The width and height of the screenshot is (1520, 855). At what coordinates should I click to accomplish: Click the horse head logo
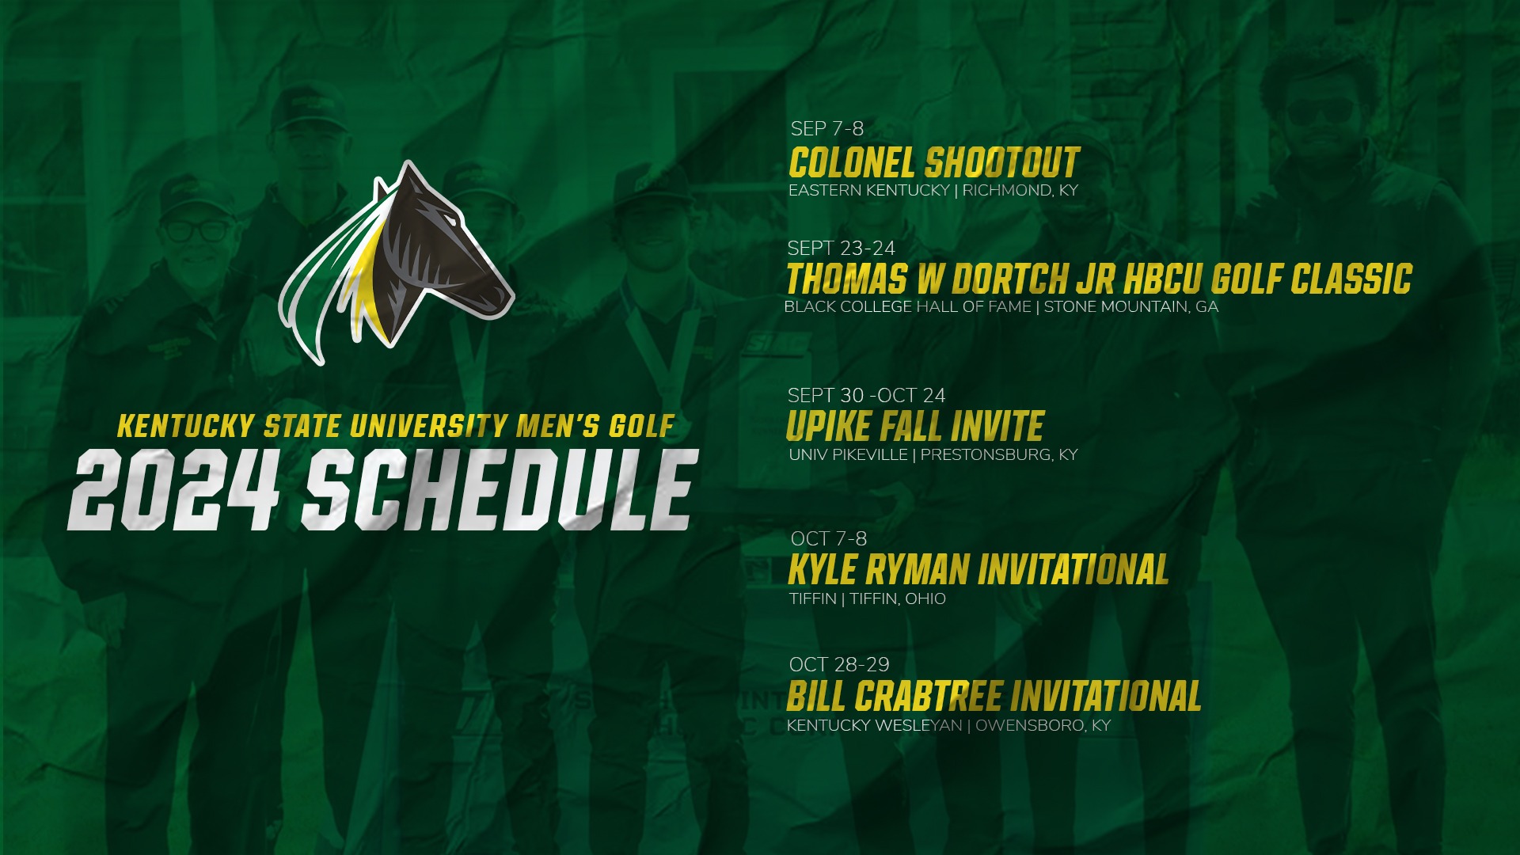coord(412,261)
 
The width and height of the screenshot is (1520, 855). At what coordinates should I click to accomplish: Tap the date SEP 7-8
coord(826,128)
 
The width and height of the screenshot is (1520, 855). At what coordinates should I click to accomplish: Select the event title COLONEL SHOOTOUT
coord(933,162)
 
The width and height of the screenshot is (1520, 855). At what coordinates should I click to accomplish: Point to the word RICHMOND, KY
coord(1020,191)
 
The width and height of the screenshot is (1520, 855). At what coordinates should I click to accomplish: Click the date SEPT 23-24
coord(841,249)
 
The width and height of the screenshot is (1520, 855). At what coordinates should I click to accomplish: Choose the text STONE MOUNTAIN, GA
coord(1130,307)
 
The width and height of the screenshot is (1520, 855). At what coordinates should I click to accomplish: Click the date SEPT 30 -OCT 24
coord(866,396)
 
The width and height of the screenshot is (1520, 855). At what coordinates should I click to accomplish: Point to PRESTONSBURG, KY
coord(998,455)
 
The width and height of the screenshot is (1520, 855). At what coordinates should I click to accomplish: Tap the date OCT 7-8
coord(828,539)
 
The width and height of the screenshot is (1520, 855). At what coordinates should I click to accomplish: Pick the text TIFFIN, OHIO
coord(898,599)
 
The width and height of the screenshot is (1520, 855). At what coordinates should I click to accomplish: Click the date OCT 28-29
coord(839,665)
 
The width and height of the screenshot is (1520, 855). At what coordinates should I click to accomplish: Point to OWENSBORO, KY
coord(1043,726)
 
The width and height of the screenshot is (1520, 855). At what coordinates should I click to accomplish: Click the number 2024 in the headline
coord(174,491)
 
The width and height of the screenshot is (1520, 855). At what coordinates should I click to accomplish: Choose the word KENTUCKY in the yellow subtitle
coord(185,427)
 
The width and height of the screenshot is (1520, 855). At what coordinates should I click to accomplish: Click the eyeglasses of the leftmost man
coord(195,231)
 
